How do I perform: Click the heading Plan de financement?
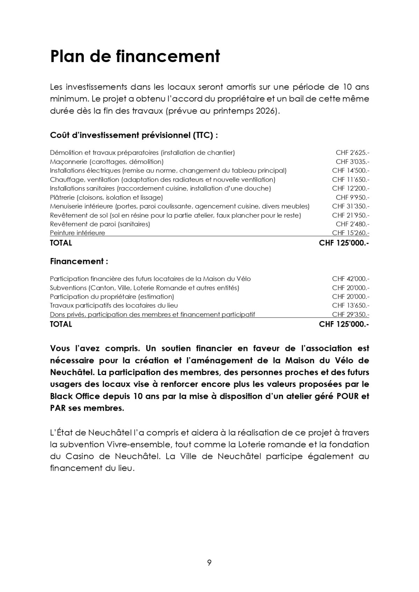(x=135, y=56)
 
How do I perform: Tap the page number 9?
(x=209, y=562)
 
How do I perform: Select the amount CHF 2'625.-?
(x=352, y=153)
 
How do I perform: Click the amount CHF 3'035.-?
(x=352, y=162)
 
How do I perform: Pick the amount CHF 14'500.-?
(x=351, y=170)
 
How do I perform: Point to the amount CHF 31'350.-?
(x=351, y=206)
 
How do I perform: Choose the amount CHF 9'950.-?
(x=352, y=197)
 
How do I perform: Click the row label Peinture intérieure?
(x=77, y=233)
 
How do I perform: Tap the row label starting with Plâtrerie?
(x=106, y=197)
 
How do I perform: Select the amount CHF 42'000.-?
(x=351, y=279)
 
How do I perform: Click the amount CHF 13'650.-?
(x=351, y=305)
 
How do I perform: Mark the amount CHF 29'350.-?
(x=351, y=314)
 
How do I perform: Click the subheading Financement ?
(x=79, y=261)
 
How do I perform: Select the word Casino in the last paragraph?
(x=83, y=456)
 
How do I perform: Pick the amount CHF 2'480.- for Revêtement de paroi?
(x=352, y=224)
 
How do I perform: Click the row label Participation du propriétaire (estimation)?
(x=112, y=297)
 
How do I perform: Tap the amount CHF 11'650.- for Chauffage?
(x=351, y=180)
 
